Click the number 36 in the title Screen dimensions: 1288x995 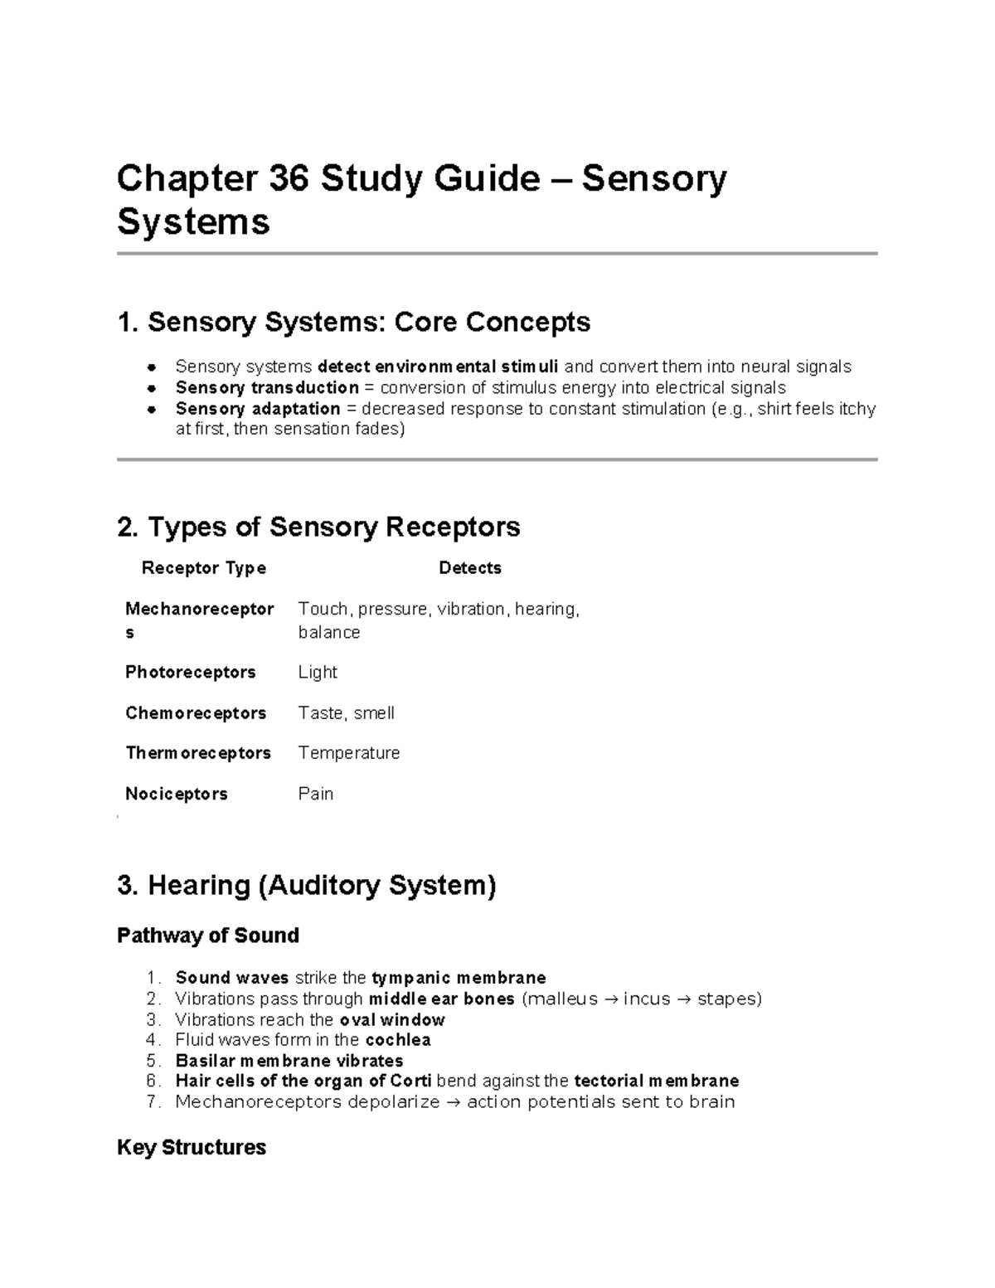pos(289,178)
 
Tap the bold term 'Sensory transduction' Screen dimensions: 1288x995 pos(267,388)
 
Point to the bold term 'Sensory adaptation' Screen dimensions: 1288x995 pos(258,409)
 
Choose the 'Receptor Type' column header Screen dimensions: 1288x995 pos(204,568)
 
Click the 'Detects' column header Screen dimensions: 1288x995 pos(470,568)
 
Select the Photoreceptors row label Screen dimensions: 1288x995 pos(191,672)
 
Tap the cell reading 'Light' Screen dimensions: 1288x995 pos(318,672)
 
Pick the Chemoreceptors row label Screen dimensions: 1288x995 pos(196,713)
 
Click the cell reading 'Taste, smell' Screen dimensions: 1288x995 pos(346,713)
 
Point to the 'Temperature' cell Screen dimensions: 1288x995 pos(349,753)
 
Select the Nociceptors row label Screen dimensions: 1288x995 pos(177,794)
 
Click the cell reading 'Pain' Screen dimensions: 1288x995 pos(316,794)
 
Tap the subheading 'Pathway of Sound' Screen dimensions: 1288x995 pos(208,936)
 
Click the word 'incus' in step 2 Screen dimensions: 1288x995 pos(647,999)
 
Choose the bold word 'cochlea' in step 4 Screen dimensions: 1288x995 pos(398,1040)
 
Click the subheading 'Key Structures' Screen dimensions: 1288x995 pos(192,1148)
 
